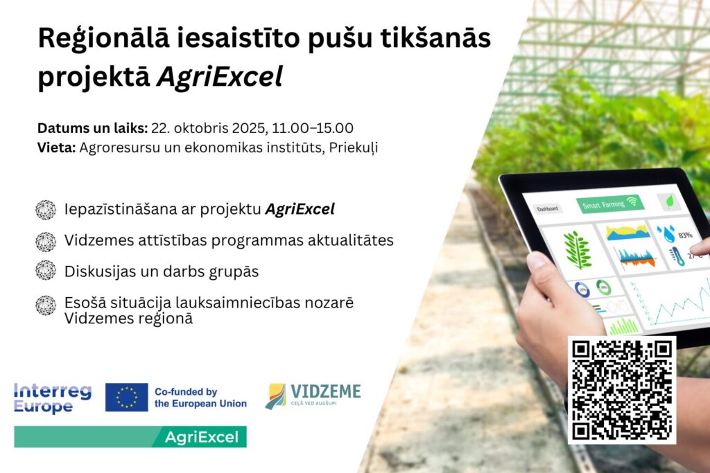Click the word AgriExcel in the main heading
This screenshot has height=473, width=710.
click(x=220, y=76)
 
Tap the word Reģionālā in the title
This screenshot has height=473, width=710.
click(x=104, y=39)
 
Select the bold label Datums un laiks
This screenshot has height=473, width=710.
click(x=92, y=128)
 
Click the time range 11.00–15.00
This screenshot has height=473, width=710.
click(x=313, y=128)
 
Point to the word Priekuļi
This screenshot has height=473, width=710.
click(x=353, y=148)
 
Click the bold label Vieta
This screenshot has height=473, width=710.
click(x=57, y=148)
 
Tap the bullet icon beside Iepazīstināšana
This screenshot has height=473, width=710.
click(x=46, y=210)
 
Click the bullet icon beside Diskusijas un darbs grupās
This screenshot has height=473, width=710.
click(x=46, y=270)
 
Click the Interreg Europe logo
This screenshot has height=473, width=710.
click(x=53, y=398)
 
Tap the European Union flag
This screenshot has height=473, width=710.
click(x=127, y=398)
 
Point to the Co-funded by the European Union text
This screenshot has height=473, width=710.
click(x=200, y=398)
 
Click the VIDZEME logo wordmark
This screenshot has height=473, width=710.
click(x=326, y=391)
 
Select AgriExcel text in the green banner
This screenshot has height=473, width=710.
click(x=202, y=437)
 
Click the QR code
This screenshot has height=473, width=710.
click(x=622, y=390)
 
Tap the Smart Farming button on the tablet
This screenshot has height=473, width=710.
click(x=609, y=204)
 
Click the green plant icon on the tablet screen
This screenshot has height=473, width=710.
click(x=578, y=250)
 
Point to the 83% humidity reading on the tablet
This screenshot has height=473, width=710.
click(x=685, y=235)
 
